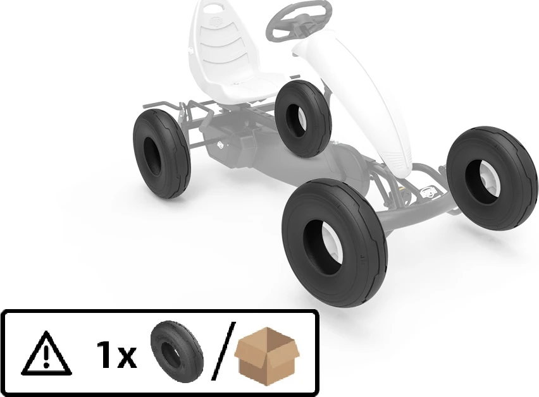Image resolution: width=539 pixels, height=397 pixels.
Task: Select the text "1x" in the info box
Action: tap(116, 355)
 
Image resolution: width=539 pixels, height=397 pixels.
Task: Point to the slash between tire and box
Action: tap(223, 351)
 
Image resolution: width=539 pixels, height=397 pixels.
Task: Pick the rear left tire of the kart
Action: tap(161, 154)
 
